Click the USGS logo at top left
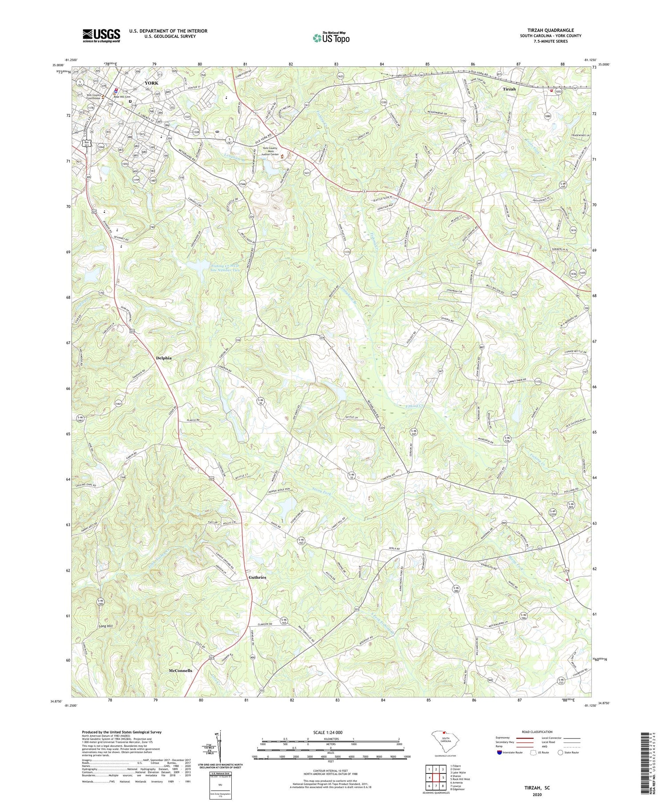click(101, 35)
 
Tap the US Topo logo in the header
click(331, 38)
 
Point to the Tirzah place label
click(509, 89)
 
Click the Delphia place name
click(163, 357)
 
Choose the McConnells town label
click(181, 671)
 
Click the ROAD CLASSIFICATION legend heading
click(537, 732)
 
